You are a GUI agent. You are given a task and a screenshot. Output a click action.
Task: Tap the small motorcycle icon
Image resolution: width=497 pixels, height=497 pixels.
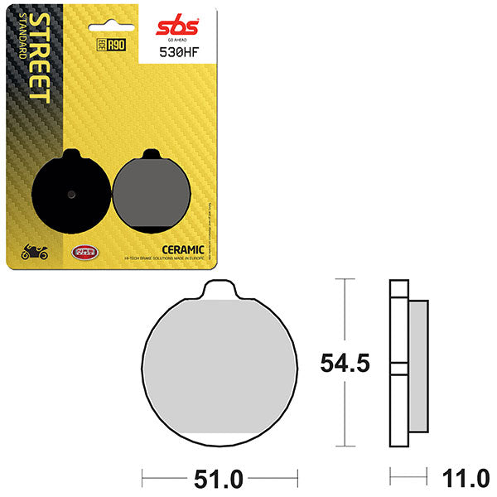(36, 252)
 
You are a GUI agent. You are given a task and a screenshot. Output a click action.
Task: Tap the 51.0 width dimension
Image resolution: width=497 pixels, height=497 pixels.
(218, 478)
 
